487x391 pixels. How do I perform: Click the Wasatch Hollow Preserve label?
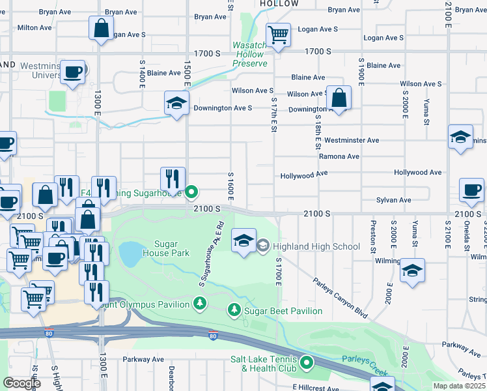coord(251,55)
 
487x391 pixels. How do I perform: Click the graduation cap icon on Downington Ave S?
coord(176,104)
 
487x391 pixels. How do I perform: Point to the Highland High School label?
coord(316,246)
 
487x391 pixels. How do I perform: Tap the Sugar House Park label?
coord(161,249)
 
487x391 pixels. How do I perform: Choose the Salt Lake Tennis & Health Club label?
coord(264,364)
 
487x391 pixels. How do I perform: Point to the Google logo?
coord(21,383)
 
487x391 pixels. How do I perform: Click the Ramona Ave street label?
coord(339,156)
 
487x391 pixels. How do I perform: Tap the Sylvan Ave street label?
coord(395,200)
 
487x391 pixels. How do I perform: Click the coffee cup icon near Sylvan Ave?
coord(471,190)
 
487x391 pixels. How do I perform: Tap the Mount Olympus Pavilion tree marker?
coord(199,303)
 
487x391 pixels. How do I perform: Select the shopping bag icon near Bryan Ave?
coord(102,29)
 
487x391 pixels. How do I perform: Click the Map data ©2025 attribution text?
coord(458,386)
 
